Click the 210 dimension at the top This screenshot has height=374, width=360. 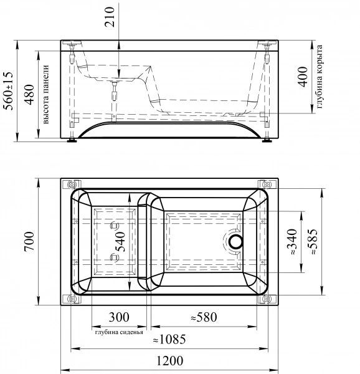click(110, 17)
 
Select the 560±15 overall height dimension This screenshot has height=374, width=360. click(9, 91)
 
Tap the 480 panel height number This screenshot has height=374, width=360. click(29, 95)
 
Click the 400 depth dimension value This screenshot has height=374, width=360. click(303, 77)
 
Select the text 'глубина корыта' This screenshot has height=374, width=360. click(320, 77)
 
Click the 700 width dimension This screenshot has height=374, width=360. click(29, 241)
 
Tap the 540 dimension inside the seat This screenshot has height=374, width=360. click(120, 242)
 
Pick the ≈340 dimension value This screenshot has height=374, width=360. click(292, 242)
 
